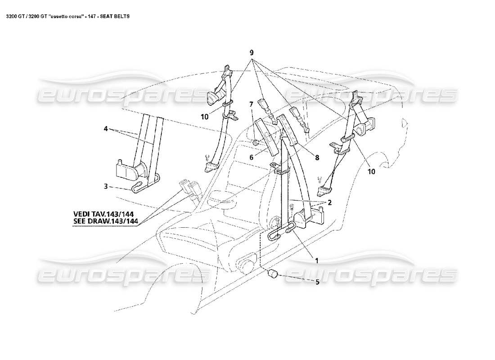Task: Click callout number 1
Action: click(x=317, y=260)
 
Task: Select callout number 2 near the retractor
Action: click(x=329, y=203)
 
